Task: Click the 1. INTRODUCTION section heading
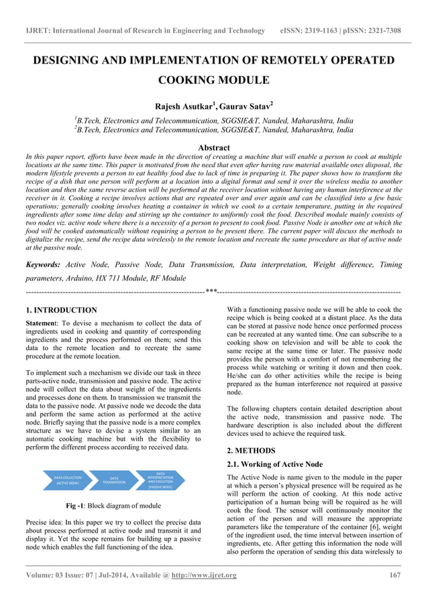61,311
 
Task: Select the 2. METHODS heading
254,450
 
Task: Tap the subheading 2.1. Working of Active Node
275,464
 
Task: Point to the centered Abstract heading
214,148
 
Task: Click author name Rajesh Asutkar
184,105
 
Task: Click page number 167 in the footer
395,575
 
